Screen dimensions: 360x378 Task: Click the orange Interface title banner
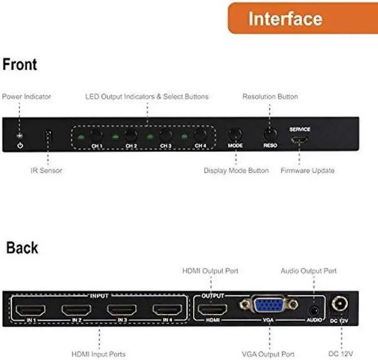click(x=302, y=18)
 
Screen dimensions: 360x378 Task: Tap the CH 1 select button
click(x=96, y=135)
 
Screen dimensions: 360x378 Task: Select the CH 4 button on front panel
click(x=201, y=135)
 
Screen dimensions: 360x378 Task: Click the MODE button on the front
click(x=235, y=135)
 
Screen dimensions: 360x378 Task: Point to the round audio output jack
click(x=314, y=310)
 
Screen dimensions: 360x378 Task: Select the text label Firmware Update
click(x=307, y=171)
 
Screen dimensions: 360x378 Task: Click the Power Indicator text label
click(x=27, y=96)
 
